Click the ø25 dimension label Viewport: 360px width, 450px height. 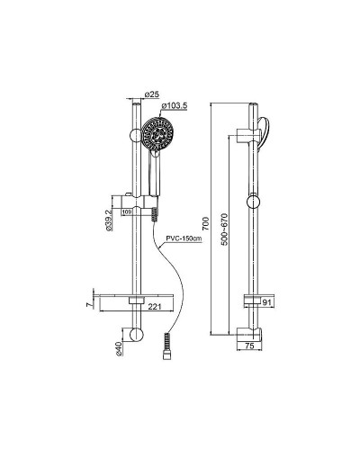point(152,94)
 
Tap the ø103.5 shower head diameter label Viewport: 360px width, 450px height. point(175,105)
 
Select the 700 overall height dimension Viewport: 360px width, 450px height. point(206,223)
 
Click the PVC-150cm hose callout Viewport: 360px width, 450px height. point(184,238)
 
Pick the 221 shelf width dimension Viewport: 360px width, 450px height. point(155,307)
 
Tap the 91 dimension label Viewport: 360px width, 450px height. point(266,302)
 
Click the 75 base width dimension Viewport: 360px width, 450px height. point(249,346)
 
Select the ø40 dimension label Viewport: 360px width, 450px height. point(119,348)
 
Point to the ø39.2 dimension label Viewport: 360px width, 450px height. point(109,220)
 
